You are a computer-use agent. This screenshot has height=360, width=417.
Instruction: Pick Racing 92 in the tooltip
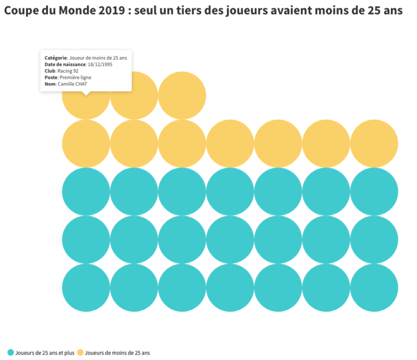tap(68, 71)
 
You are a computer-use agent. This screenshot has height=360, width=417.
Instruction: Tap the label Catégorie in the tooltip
tap(55, 58)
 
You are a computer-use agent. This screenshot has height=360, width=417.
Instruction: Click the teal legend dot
tap(11, 353)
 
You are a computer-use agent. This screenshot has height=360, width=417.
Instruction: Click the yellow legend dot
tap(80, 353)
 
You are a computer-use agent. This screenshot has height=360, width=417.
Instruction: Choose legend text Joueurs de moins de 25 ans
tap(117, 353)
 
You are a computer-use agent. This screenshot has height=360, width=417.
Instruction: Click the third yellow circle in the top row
tap(182, 96)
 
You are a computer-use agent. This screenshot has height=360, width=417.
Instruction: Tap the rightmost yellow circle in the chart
tap(374, 143)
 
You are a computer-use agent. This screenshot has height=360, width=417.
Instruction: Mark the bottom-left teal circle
tap(86, 288)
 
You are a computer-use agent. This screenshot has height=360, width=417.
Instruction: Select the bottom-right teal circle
tap(374, 288)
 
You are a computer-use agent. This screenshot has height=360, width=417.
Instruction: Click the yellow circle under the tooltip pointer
tap(86, 103)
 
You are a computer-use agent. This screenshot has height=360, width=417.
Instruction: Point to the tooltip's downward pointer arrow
tap(86, 93)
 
